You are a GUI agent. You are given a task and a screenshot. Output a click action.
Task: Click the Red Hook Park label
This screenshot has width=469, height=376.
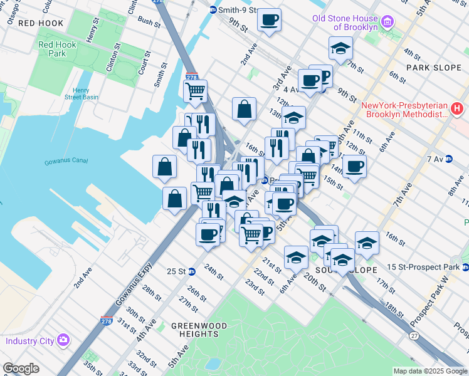coord(52,49)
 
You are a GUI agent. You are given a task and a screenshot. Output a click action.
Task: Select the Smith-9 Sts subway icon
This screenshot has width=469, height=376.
coord(213,10)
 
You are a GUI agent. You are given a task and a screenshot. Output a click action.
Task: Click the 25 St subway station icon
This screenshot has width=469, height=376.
coord(192,271)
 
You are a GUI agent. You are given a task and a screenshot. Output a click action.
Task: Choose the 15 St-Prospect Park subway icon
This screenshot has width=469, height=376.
coord(464,268)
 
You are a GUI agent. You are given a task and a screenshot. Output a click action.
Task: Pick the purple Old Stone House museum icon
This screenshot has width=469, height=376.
coord(387,23)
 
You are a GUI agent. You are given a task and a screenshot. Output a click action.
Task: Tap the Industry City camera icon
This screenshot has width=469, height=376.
coord(63,340)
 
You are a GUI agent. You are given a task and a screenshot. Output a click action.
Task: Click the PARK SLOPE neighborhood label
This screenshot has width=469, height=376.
coord(428,67)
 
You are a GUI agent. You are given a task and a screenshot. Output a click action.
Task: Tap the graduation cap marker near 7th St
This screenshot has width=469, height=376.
coord(340,48)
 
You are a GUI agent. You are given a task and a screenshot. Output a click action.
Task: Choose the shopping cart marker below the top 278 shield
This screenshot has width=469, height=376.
coord(196,91)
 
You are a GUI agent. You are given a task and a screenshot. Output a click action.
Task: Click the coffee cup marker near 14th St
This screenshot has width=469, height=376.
coord(354,167)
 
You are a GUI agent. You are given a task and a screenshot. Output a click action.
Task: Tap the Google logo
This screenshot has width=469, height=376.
coord(21,369)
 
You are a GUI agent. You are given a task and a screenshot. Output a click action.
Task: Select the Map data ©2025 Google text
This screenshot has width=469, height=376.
coord(429,371)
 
